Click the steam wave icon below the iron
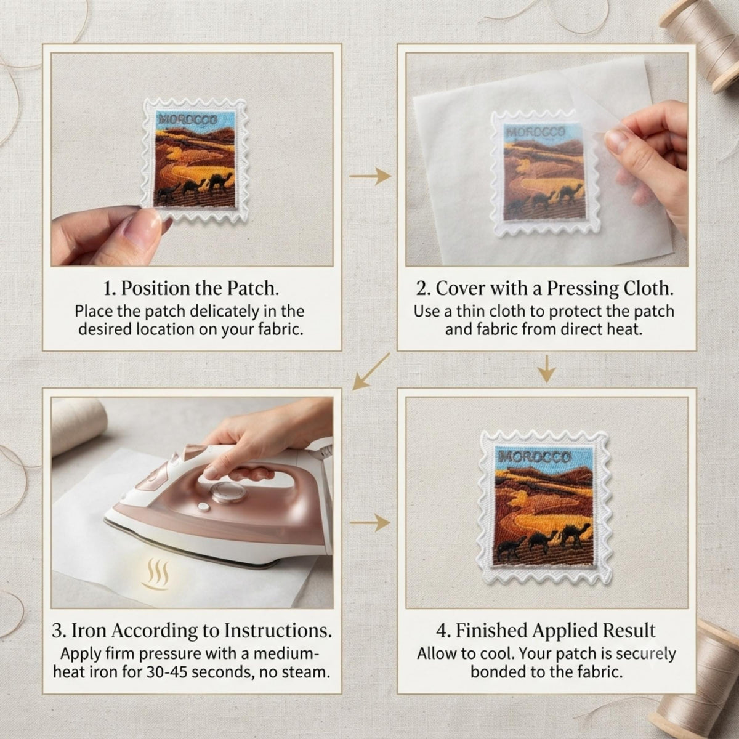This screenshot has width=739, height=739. tap(156, 575)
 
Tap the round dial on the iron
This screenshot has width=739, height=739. tap(227, 493)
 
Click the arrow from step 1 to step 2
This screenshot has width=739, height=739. tap(371, 176)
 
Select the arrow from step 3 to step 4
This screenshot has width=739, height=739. tap(371, 523)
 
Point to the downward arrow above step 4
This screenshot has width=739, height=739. tap(546, 368)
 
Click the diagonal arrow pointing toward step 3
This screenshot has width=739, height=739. tap(371, 371)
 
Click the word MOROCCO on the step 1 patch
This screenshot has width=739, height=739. tap(188, 119)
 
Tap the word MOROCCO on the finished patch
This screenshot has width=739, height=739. tap(535, 457)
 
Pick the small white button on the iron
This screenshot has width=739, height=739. tap(203, 507)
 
